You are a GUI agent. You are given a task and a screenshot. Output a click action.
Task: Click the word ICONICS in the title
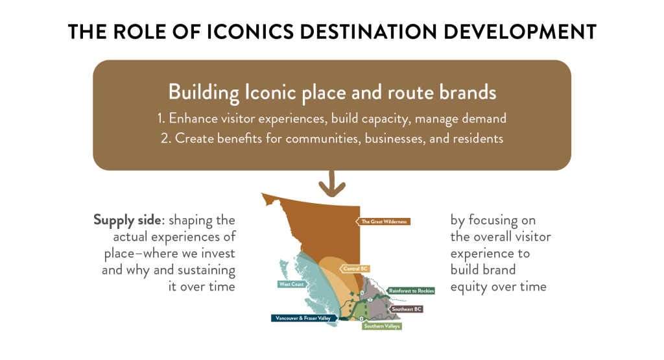pyautogui.click(x=250, y=32)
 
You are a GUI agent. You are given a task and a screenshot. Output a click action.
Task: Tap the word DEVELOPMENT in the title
pyautogui.click(x=520, y=32)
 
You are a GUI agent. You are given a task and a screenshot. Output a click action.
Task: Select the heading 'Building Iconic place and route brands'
pyautogui.click(x=332, y=92)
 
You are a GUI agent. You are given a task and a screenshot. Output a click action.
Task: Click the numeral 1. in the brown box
pyautogui.click(x=161, y=118)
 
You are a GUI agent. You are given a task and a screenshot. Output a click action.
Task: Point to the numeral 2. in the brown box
pyautogui.click(x=165, y=139)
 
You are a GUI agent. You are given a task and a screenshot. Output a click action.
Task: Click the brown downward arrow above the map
pyautogui.click(x=332, y=185)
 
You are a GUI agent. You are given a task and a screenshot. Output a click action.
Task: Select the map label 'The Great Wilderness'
pyautogui.click(x=383, y=221)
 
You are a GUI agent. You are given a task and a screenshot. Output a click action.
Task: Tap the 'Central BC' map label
pyautogui.click(x=355, y=269)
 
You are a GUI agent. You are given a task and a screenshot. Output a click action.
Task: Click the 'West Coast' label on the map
pyautogui.click(x=291, y=284)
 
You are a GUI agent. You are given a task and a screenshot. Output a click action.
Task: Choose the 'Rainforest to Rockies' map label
pyautogui.click(x=410, y=291)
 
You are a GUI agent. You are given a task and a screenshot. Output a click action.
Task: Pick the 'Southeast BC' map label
pyautogui.click(x=406, y=309)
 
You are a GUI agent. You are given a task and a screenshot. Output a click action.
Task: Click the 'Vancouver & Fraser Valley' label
pyautogui.click(x=303, y=318)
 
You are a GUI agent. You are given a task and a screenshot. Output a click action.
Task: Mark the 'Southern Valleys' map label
pyautogui.click(x=381, y=326)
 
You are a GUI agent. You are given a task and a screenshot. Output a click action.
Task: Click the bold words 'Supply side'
pyautogui.click(x=127, y=221)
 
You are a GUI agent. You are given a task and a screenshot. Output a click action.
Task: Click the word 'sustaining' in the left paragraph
pyautogui.click(x=206, y=270)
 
